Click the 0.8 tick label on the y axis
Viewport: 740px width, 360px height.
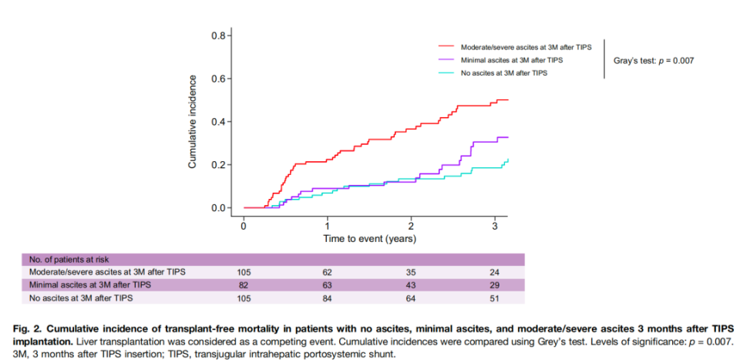click(x=218, y=36)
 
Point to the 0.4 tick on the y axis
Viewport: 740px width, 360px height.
click(x=218, y=122)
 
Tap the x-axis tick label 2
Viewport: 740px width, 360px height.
click(x=411, y=226)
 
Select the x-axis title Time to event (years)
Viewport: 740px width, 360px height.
click(x=369, y=239)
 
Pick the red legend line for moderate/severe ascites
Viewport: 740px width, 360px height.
click(x=446, y=46)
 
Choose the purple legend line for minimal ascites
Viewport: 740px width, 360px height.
click(x=446, y=59)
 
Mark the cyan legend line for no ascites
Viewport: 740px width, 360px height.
click(x=446, y=72)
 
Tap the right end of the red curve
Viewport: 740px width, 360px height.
click(x=508, y=100)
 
